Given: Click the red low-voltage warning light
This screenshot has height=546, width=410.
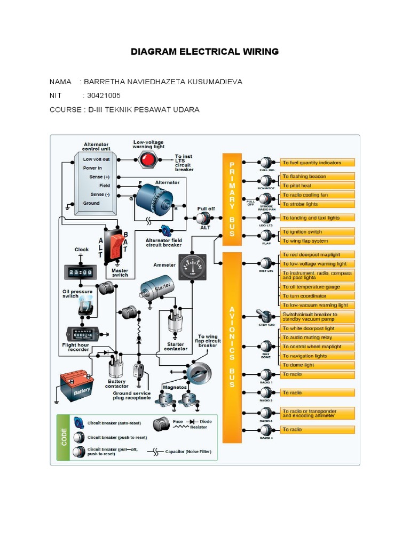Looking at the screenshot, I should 147,158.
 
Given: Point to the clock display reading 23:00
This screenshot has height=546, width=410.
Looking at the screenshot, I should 78,272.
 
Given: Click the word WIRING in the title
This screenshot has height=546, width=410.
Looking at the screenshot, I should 256,52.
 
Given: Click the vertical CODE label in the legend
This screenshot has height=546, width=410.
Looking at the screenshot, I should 64,437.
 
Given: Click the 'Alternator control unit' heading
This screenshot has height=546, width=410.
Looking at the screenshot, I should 96,147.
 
